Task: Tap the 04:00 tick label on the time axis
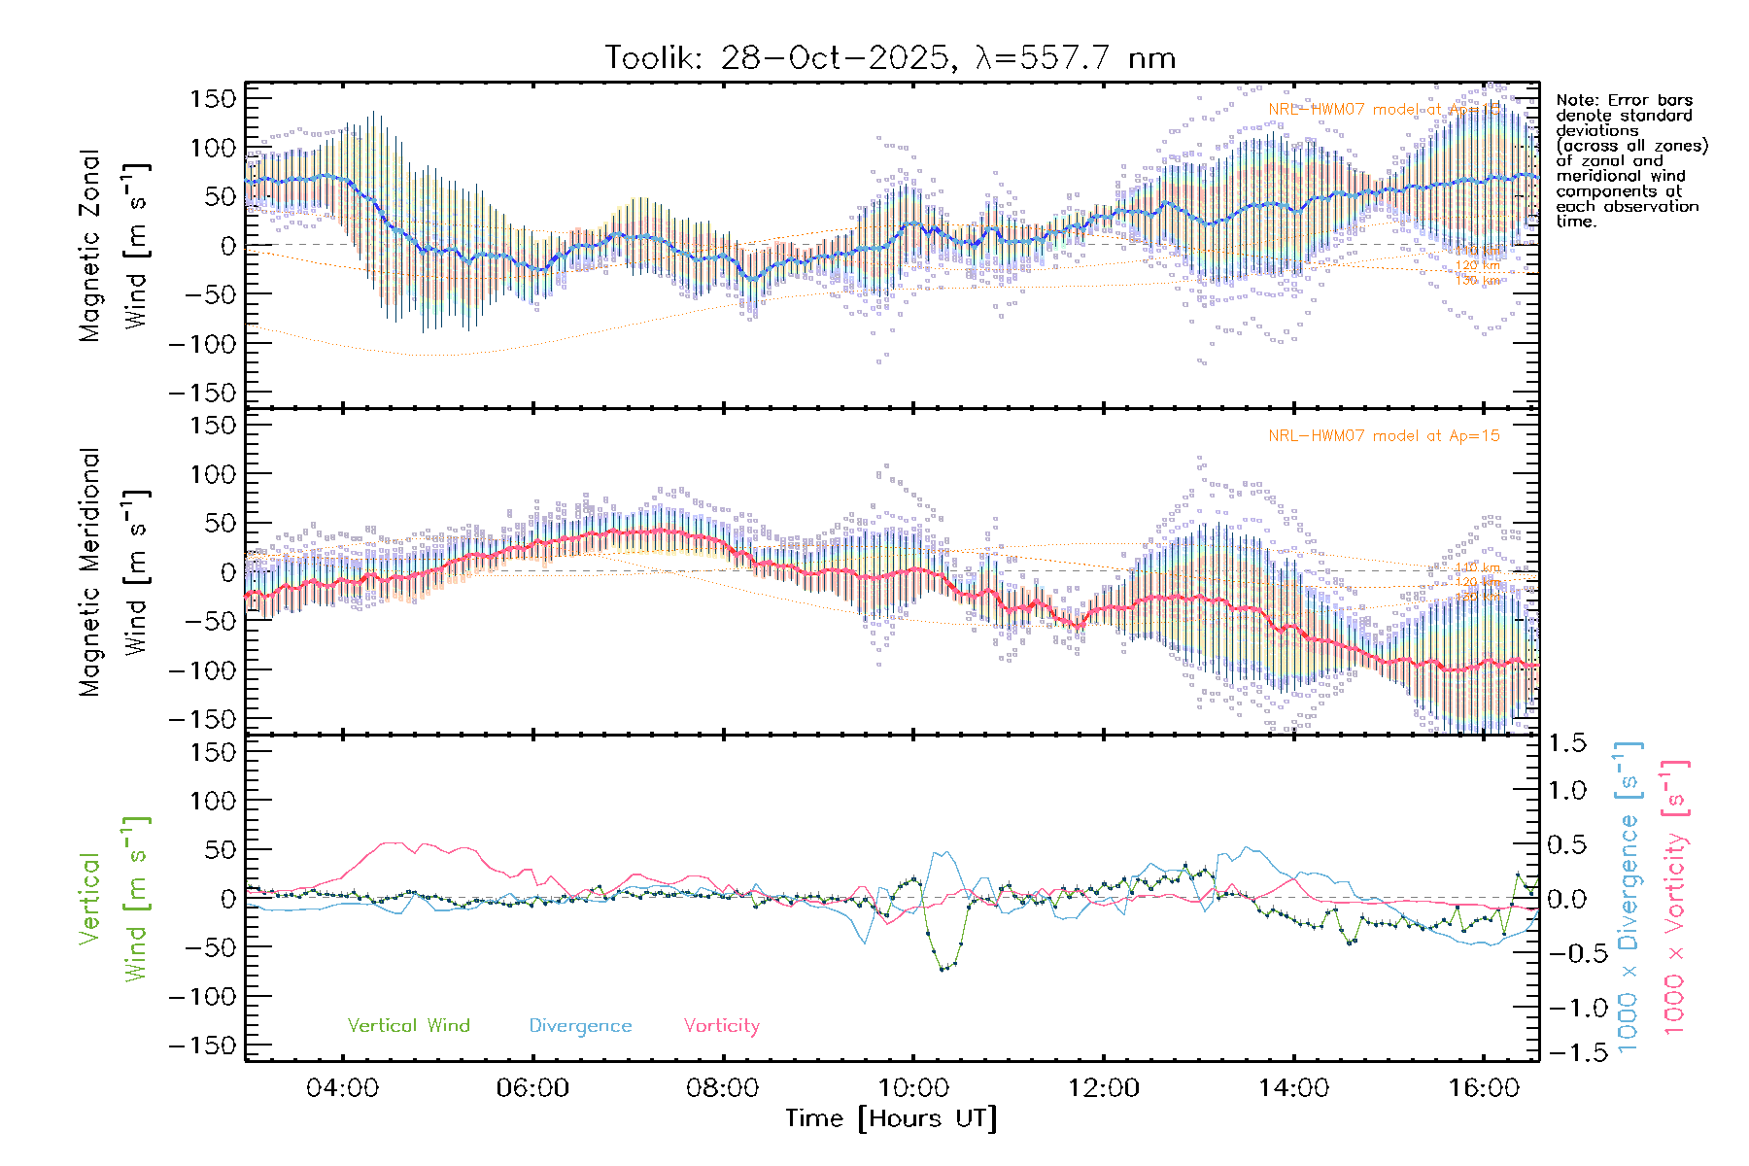(342, 1087)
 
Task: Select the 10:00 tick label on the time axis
(912, 1087)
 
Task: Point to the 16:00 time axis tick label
(1484, 1087)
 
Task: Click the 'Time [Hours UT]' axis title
(891, 1118)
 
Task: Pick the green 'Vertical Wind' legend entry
(408, 1025)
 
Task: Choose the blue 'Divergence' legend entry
(580, 1025)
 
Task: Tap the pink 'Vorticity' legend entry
(721, 1025)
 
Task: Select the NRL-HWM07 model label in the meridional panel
(1384, 436)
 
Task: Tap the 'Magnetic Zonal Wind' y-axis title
(114, 245)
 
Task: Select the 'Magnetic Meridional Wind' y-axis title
(114, 571)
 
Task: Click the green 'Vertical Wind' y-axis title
(114, 899)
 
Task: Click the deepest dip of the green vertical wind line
(943, 969)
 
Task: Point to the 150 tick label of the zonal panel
(214, 98)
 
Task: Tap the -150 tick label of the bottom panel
(203, 1046)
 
